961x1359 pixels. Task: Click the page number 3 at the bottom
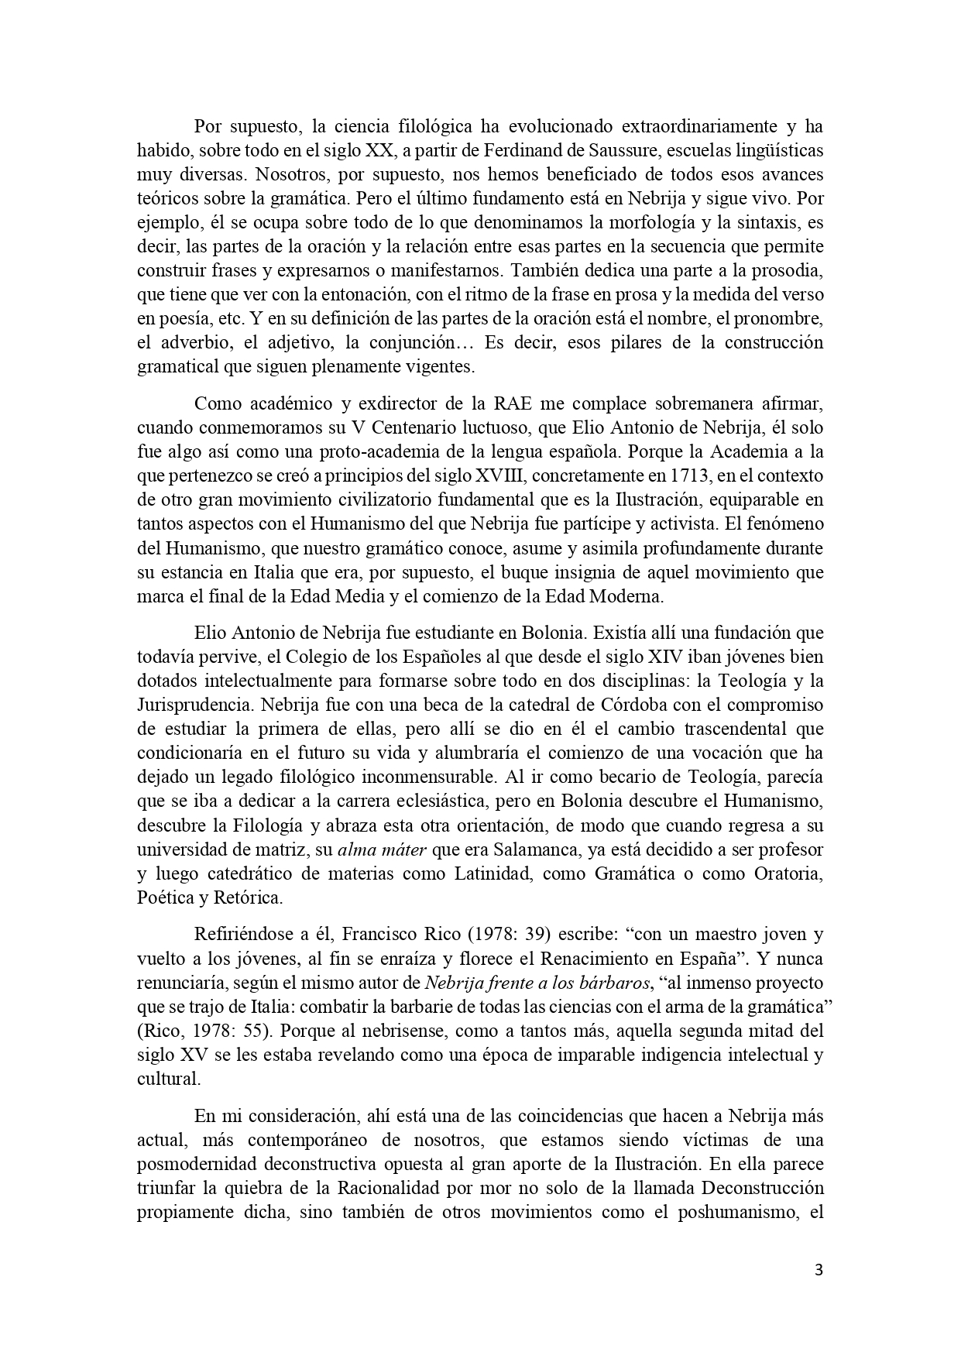tap(819, 1270)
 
